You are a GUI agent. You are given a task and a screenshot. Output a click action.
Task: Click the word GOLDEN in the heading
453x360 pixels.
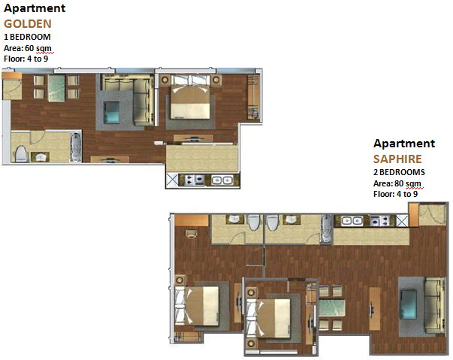tap(28, 24)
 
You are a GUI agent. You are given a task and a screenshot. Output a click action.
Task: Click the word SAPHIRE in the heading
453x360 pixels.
tap(397, 159)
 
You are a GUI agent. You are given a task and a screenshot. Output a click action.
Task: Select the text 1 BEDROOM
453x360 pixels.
tap(27, 37)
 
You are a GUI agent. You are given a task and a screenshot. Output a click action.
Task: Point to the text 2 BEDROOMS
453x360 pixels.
tap(399, 172)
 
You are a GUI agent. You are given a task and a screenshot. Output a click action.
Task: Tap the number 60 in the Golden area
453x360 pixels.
tap(29, 48)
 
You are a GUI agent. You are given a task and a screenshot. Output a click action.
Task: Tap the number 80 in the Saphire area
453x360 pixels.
tap(399, 183)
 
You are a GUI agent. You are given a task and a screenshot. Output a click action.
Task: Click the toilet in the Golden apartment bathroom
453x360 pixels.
tap(20, 153)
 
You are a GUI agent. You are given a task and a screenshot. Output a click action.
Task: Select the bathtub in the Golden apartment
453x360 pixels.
tap(76, 147)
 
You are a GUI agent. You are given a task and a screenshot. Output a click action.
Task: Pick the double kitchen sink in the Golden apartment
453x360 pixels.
tap(222, 180)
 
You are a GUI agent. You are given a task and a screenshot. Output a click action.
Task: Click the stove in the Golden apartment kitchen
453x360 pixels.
tap(194, 180)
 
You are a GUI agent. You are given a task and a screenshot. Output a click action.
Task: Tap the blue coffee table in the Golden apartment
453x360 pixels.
tap(111, 112)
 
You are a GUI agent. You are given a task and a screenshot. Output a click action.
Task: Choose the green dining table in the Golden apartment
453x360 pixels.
tap(56, 88)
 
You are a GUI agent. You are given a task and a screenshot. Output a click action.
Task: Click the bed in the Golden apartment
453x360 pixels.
tap(190, 97)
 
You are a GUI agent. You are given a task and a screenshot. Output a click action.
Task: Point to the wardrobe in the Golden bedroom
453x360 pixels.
tap(253, 97)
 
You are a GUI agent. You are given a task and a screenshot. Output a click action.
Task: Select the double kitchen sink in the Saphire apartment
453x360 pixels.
tap(352, 221)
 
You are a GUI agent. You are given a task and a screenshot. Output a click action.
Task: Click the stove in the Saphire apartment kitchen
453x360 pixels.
tap(379, 221)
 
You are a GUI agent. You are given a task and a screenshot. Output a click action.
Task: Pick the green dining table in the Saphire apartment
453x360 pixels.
tap(332, 308)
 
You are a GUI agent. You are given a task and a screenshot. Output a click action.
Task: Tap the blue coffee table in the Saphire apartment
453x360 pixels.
tap(408, 304)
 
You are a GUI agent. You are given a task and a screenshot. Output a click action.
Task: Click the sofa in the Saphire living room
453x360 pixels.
tap(434, 305)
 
